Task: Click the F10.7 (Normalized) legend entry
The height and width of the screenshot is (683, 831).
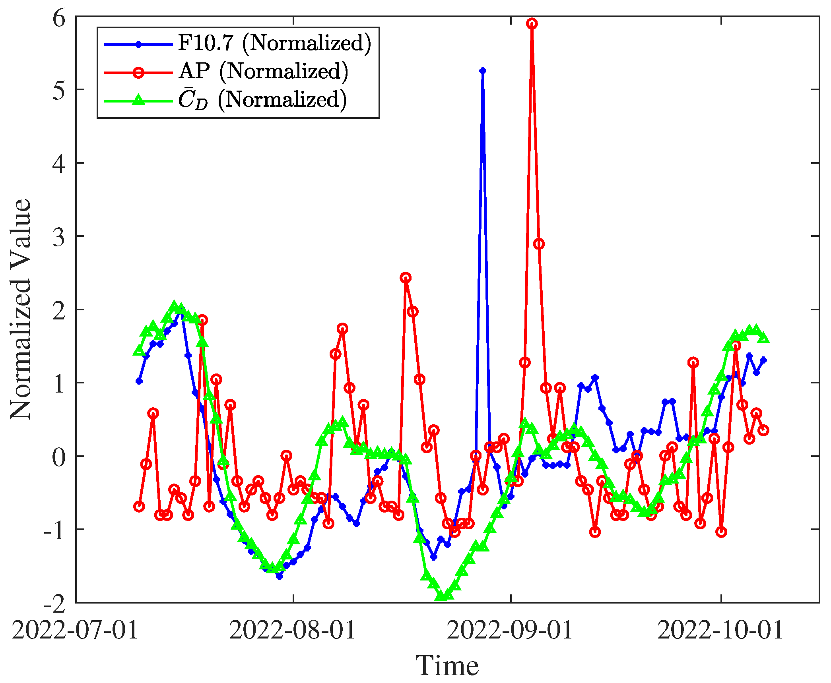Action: point(274,43)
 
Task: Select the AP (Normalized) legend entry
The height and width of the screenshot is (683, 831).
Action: point(263,72)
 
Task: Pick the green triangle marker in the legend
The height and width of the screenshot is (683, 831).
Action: point(138,100)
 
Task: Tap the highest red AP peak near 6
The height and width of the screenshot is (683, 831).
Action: point(532,24)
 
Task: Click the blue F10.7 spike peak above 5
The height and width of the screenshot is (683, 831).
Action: point(483,71)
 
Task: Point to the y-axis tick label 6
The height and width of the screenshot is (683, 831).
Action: point(58,18)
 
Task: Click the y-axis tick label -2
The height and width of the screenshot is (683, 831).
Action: point(54,604)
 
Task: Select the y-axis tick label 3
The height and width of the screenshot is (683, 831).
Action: point(58,238)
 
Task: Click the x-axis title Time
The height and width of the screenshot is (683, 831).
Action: point(447,666)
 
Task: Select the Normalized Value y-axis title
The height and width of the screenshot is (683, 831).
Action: point(21,309)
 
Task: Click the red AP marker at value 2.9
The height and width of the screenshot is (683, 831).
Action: point(539,244)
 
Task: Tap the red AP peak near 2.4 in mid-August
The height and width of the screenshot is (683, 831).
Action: point(406,278)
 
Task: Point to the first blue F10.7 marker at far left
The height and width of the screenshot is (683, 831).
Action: point(139,381)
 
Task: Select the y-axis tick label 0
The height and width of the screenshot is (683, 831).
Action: point(58,457)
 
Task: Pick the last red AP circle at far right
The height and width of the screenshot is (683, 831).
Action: point(763,430)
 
